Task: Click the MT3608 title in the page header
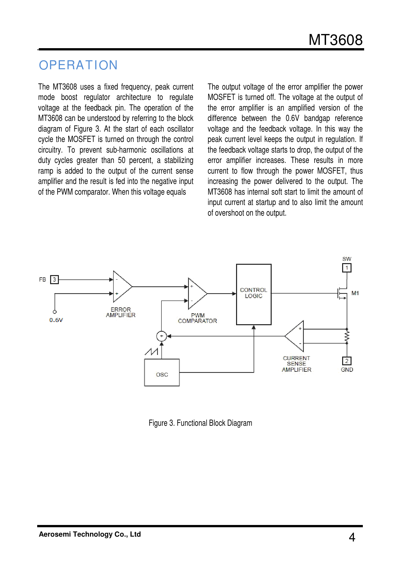[x=335, y=40]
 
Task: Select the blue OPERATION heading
[x=78, y=65]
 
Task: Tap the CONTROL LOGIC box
[x=254, y=294]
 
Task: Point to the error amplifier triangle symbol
[x=121, y=287]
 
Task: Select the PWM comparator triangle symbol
[x=196, y=294]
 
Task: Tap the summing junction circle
[x=161, y=336]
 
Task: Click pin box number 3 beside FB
[x=54, y=280]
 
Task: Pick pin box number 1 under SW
[x=347, y=268]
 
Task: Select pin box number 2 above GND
[x=347, y=361]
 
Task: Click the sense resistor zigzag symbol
[x=347, y=337]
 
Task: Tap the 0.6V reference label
[x=56, y=320]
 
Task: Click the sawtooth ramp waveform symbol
[x=151, y=351]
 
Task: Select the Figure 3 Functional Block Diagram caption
[x=200, y=423]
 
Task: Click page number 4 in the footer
[x=352, y=537]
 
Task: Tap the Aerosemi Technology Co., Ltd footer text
[x=90, y=534]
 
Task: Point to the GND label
[x=347, y=370]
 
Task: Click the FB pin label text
[x=42, y=280]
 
